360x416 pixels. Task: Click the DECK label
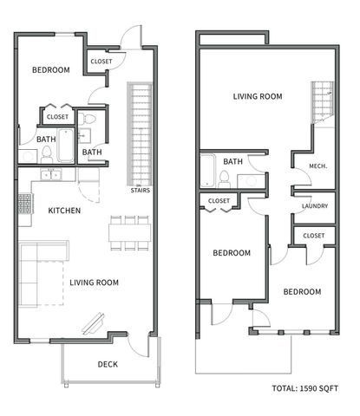(x=108, y=364)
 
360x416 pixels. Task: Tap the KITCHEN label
(x=65, y=211)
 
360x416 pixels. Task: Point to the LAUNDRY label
(x=314, y=206)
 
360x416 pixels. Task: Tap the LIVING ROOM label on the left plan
(x=95, y=282)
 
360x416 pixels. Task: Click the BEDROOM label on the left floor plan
(x=50, y=70)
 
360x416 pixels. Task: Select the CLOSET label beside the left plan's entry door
(x=101, y=61)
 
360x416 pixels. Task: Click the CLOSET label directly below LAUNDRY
(x=314, y=236)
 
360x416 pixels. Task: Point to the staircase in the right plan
(x=323, y=99)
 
